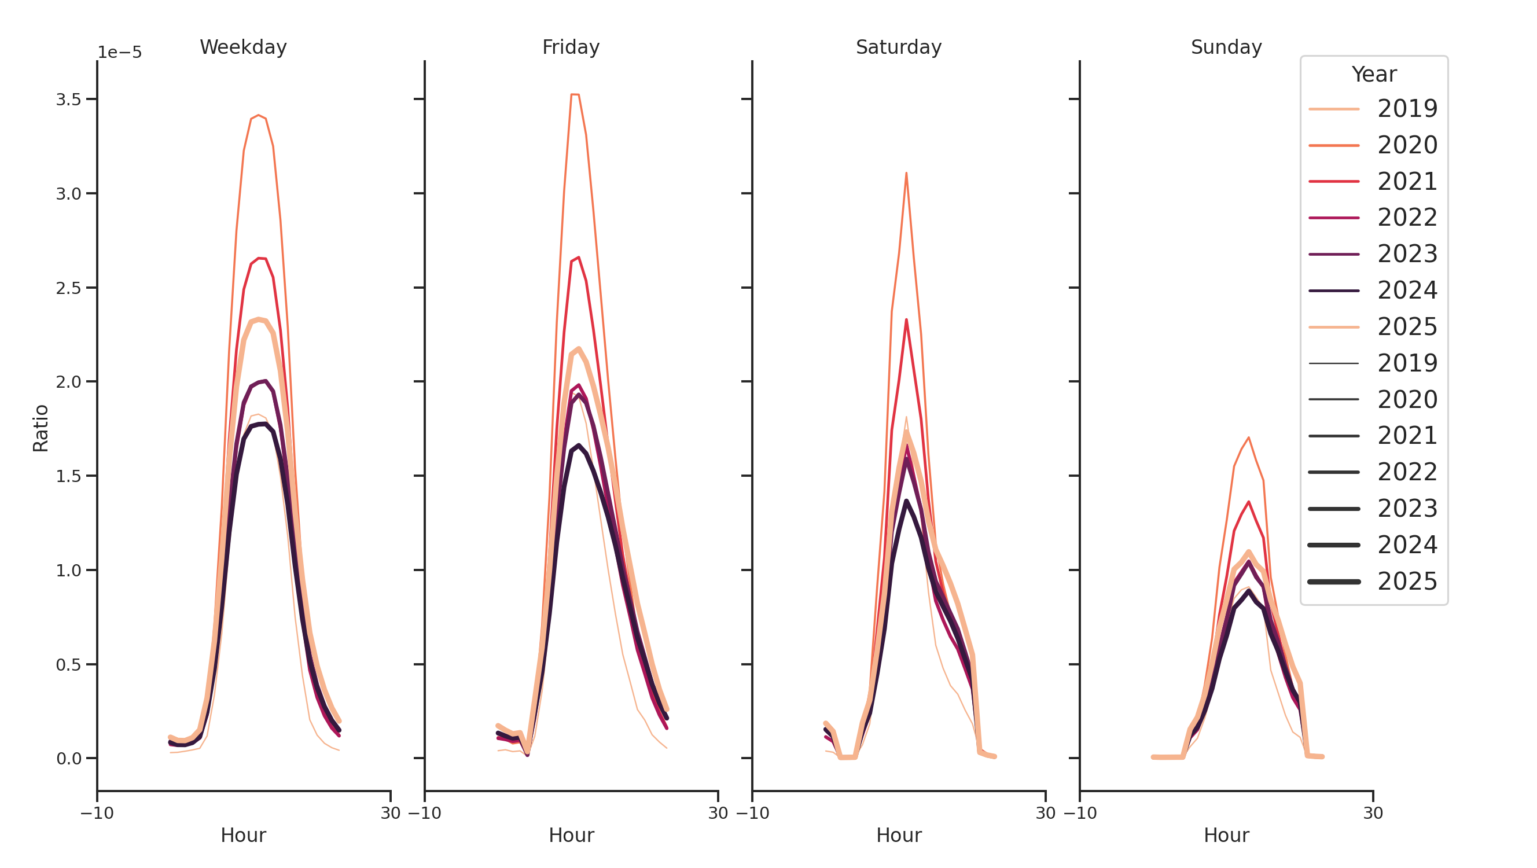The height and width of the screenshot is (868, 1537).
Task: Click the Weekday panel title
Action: point(243,47)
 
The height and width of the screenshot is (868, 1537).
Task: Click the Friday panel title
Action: point(571,47)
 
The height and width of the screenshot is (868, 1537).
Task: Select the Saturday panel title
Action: point(898,47)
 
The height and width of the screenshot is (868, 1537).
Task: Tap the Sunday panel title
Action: point(1226,47)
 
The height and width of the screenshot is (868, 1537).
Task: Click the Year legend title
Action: point(1373,75)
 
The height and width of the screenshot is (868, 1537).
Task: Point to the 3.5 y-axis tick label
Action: point(68,100)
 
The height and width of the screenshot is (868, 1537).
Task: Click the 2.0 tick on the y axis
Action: point(68,382)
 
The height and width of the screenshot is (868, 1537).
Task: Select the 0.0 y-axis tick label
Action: point(68,759)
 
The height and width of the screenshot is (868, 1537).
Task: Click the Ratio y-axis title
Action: point(41,428)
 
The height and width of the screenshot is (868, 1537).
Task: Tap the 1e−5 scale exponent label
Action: point(119,53)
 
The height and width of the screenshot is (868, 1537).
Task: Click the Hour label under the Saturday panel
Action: point(898,835)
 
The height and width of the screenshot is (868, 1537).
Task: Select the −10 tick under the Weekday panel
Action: point(97,813)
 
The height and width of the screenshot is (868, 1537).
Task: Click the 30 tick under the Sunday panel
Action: point(1372,813)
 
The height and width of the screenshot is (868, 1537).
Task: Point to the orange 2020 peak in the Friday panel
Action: point(575,94)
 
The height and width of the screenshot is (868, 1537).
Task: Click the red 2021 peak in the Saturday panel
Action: point(906,321)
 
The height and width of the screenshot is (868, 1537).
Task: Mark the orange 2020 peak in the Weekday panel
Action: point(258,115)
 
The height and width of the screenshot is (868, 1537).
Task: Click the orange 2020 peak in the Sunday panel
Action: point(1248,438)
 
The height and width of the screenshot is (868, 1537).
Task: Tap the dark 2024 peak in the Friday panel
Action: point(578,446)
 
